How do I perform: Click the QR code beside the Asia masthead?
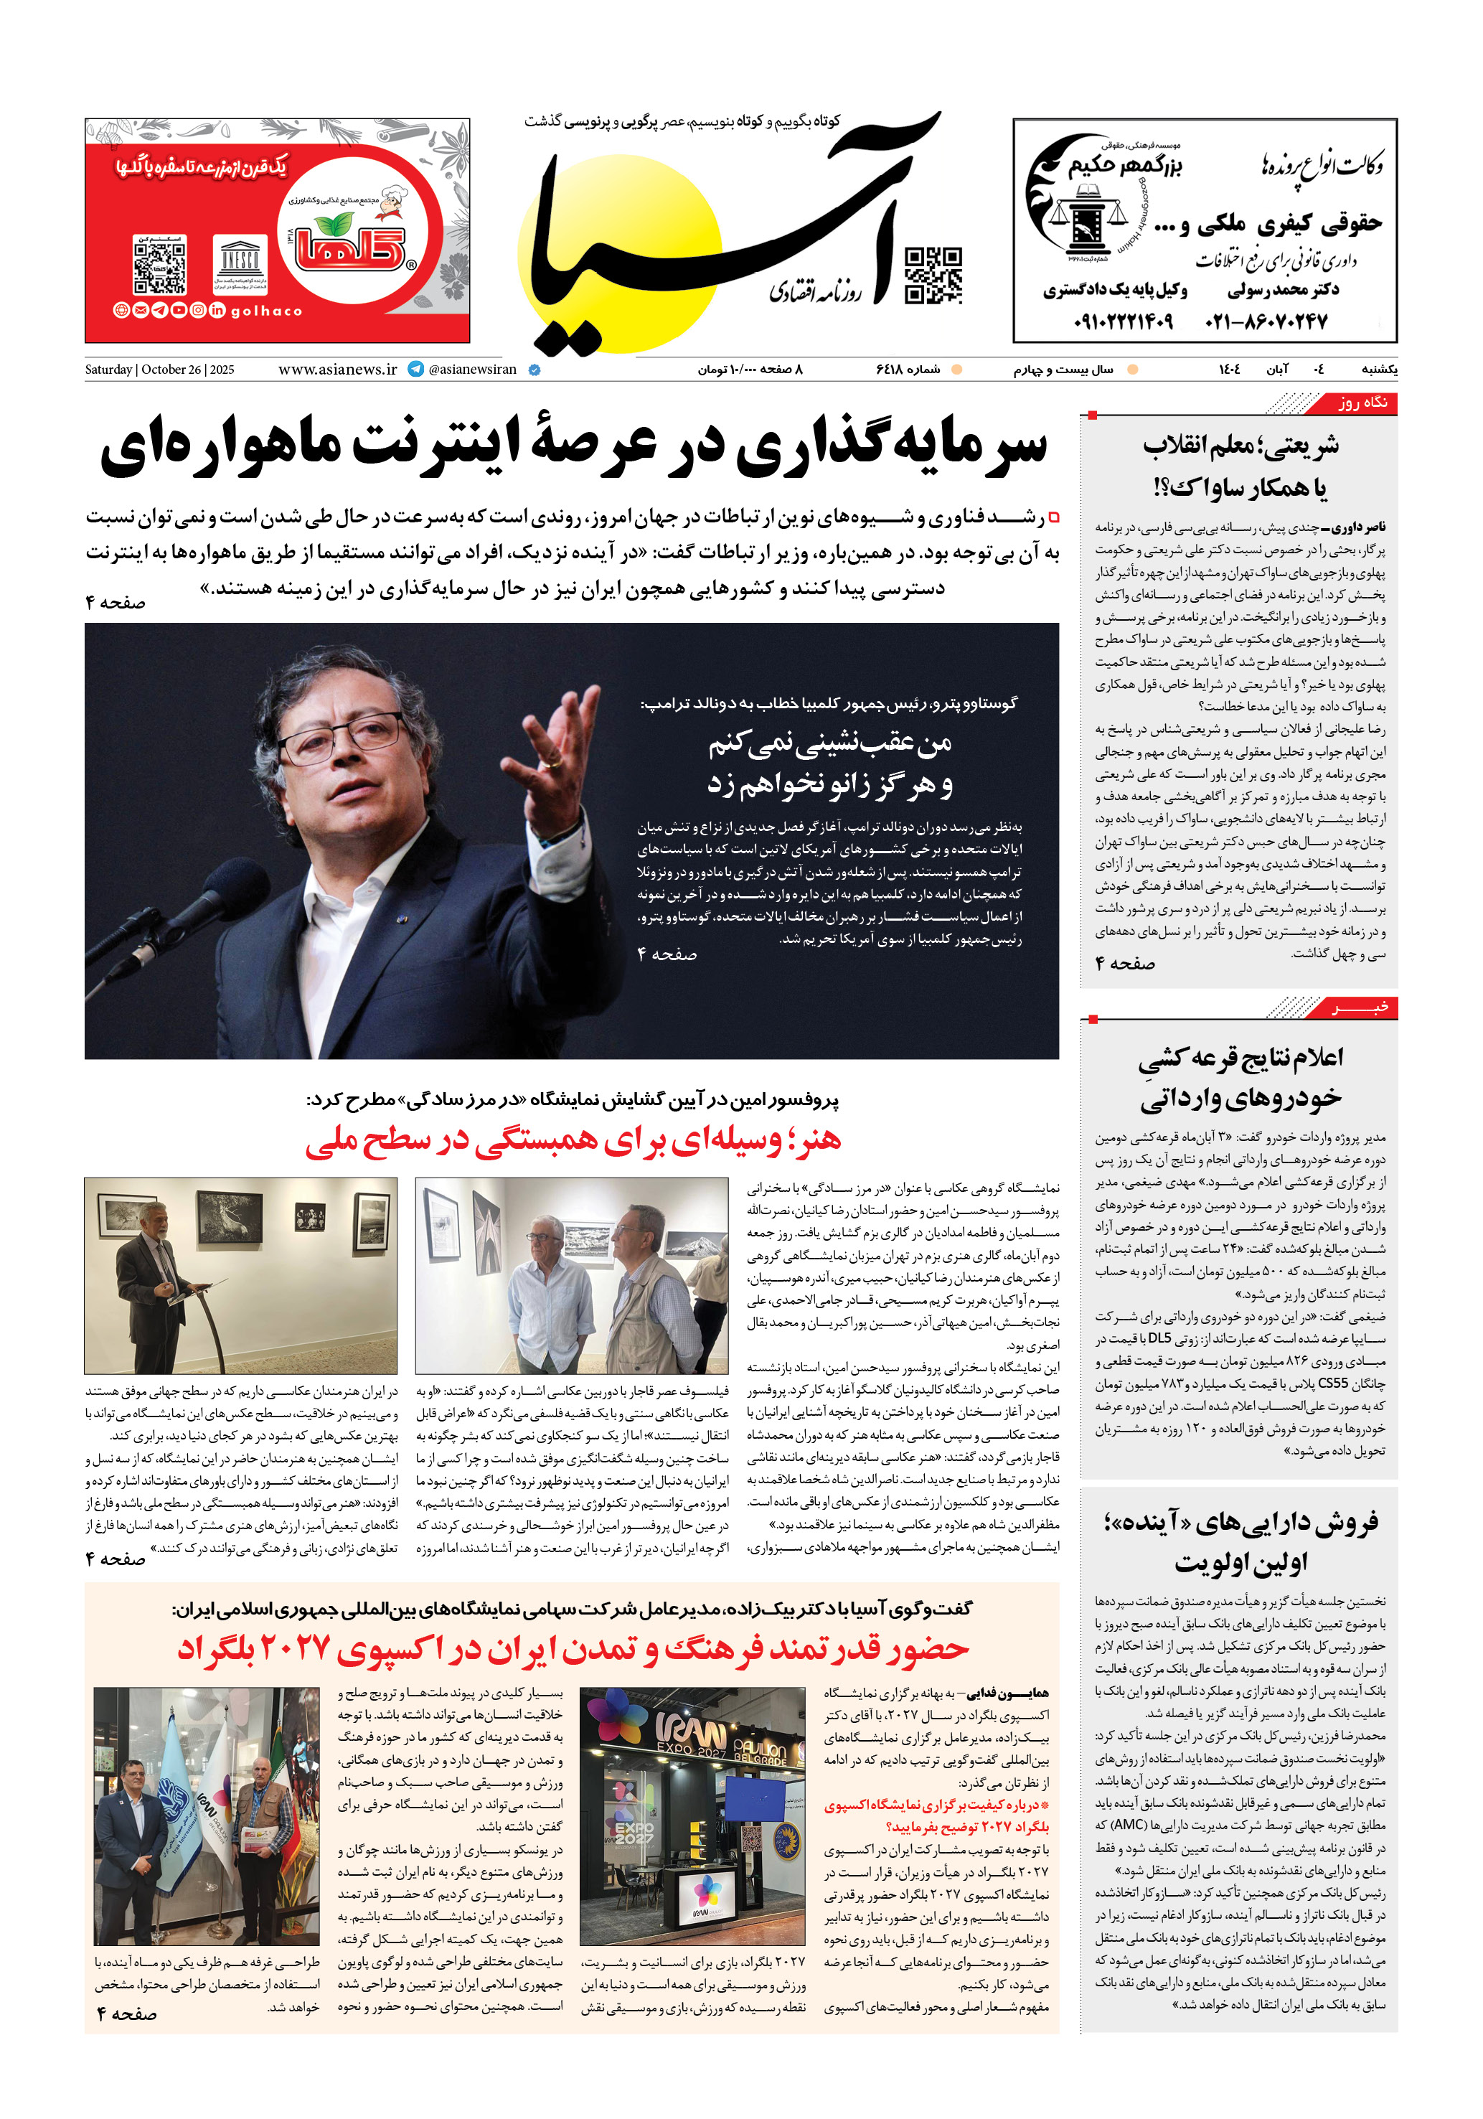(x=932, y=275)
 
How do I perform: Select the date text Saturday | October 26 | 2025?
(x=160, y=370)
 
